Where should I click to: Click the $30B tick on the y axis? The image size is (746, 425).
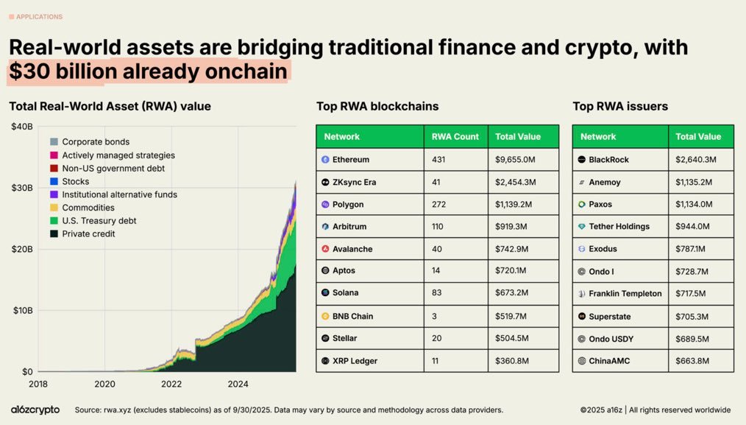[x=22, y=188]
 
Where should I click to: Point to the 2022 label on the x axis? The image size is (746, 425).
[x=171, y=384]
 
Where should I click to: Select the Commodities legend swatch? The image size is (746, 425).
[x=54, y=208]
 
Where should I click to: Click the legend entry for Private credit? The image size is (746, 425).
[x=88, y=234]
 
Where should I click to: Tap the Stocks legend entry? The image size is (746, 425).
[x=75, y=181]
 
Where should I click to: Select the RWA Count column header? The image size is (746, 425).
[x=455, y=136]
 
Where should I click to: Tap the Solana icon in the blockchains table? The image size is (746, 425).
[x=325, y=293]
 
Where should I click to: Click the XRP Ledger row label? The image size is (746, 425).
[x=355, y=361]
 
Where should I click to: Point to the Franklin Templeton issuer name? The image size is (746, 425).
[x=625, y=293]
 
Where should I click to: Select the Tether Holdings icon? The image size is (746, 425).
[x=581, y=227]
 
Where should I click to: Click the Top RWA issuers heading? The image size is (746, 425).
[x=620, y=106]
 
